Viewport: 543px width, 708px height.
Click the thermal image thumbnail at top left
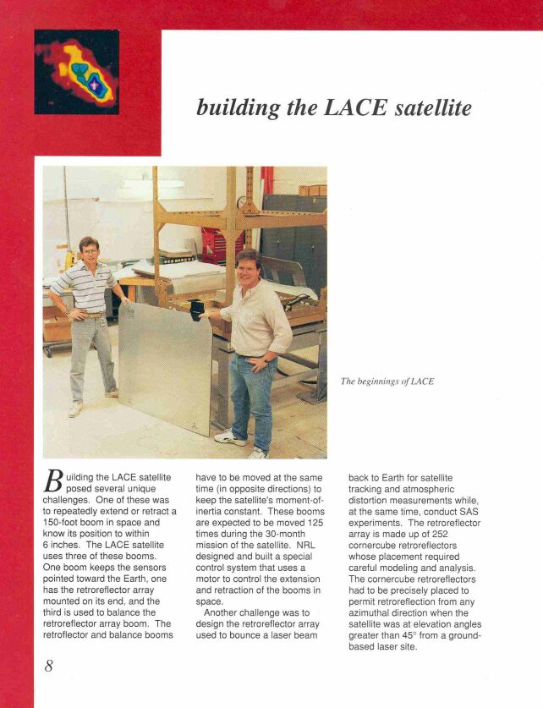click(x=77, y=72)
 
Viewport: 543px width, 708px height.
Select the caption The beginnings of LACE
click(x=387, y=381)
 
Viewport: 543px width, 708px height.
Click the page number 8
click(x=49, y=666)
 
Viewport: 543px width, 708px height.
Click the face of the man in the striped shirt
click(x=90, y=250)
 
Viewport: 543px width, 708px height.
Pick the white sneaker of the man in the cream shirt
click(x=231, y=437)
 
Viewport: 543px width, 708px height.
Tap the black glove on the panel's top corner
click(x=197, y=310)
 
